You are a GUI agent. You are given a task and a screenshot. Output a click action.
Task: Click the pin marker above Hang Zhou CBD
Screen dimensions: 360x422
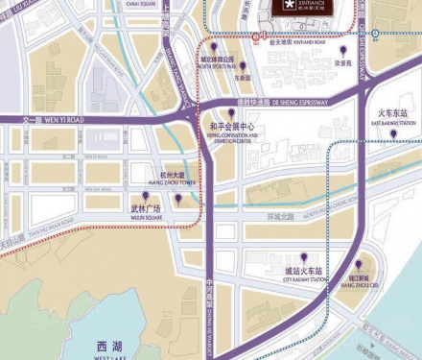(359, 265)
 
